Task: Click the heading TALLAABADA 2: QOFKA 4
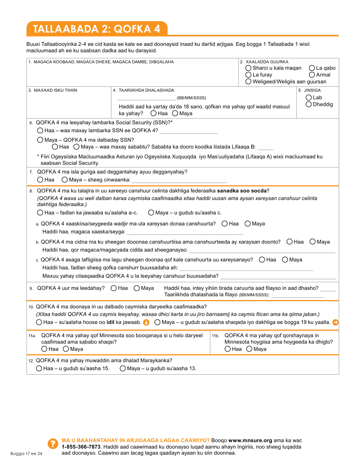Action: tap(97, 29)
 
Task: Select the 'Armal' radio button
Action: tap(312, 75)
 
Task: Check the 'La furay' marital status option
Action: tap(248, 75)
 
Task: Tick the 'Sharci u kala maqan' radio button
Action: tap(248, 68)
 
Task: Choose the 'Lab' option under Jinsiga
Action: tap(309, 98)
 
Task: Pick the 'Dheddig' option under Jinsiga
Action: tap(309, 105)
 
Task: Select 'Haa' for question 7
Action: tap(40, 180)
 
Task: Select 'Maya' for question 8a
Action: tap(247, 224)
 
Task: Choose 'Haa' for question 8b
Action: tap(290, 242)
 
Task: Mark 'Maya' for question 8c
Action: tap(285, 260)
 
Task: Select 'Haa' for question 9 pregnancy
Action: tap(114, 288)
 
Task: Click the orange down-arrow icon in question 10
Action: tap(146, 322)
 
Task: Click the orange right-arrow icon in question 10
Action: tap(335, 322)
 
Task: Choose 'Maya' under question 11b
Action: tap(249, 349)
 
